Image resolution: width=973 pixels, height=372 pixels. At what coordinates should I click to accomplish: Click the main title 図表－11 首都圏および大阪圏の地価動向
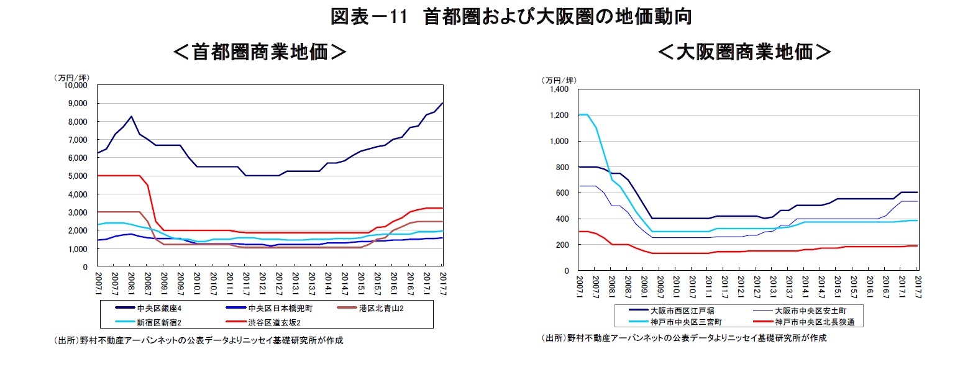click(511, 17)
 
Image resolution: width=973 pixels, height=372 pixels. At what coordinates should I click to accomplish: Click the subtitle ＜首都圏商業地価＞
click(259, 52)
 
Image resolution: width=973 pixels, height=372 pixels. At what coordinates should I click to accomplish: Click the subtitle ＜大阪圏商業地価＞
click(744, 52)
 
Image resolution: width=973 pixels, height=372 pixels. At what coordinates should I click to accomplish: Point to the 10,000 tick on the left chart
click(76, 86)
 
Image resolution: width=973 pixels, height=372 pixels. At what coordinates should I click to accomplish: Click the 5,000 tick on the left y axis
click(78, 176)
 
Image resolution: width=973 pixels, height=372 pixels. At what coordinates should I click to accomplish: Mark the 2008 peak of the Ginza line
click(132, 116)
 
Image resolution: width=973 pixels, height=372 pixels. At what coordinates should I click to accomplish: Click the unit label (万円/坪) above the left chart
click(71, 77)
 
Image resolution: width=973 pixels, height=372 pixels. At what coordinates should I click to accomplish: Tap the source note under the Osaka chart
click(684, 338)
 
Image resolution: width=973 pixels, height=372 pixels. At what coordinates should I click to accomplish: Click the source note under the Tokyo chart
click(198, 340)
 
